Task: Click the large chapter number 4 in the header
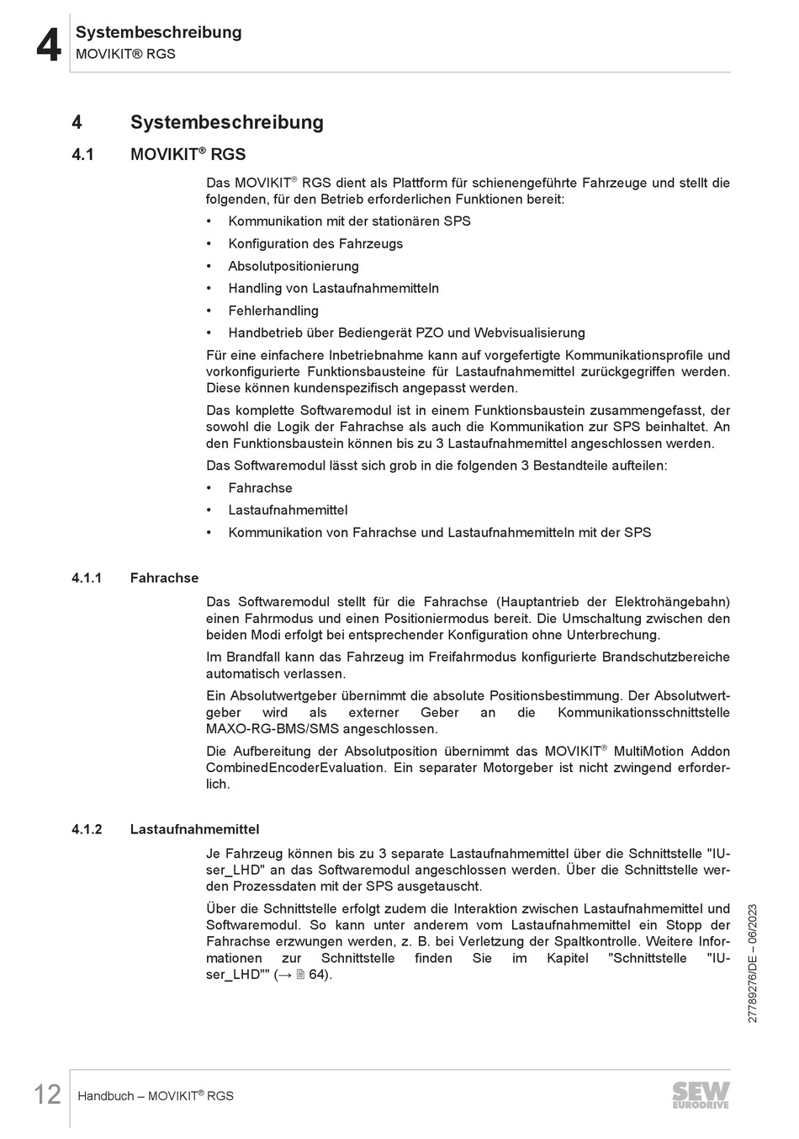coord(49,45)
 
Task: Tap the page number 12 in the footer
coord(47,1095)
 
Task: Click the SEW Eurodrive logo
coord(701,1094)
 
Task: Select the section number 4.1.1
coord(87,578)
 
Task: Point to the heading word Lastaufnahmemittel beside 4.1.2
coord(194,829)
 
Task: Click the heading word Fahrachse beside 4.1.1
coord(164,578)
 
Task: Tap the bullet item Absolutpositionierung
coord(293,266)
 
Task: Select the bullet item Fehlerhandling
coord(273,311)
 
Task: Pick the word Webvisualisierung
coord(529,333)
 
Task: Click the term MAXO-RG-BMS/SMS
coord(321,729)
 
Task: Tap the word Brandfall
coord(254,657)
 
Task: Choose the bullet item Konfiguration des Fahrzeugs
coord(315,244)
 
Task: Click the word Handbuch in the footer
coord(105,1096)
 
